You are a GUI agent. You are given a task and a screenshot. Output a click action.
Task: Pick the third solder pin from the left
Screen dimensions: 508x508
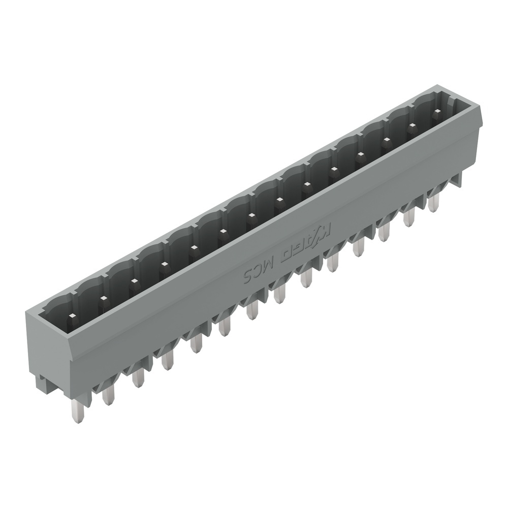coord(137,378)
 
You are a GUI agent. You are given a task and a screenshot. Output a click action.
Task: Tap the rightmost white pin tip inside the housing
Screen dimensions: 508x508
coord(436,111)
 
